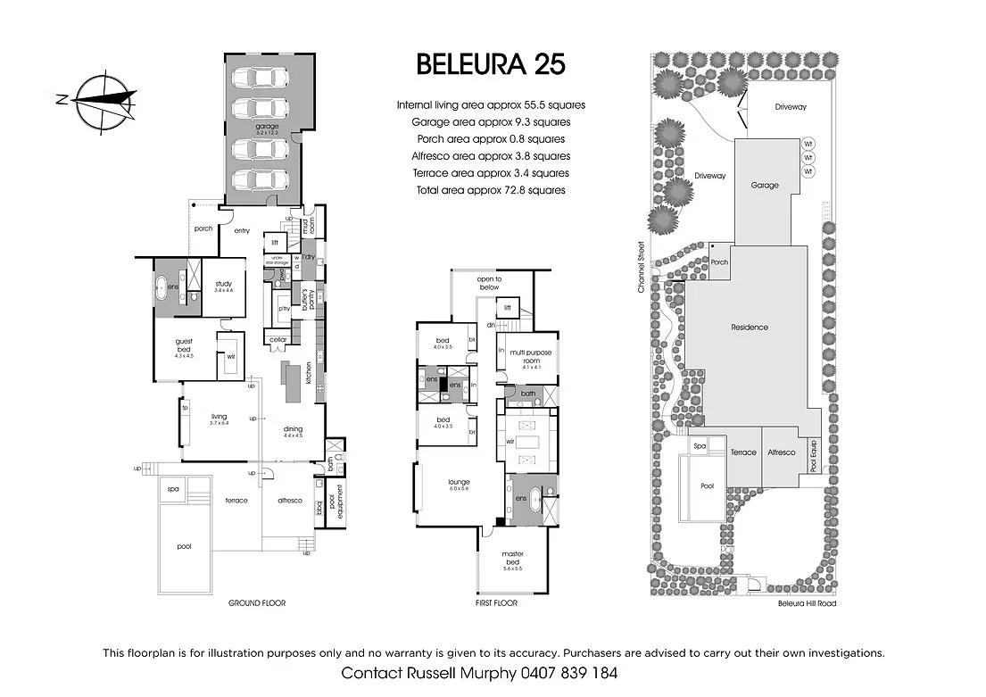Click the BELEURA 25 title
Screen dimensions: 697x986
point(491,64)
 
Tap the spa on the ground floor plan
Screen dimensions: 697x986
point(172,489)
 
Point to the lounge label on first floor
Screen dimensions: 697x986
point(459,485)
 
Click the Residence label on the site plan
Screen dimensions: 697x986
point(750,328)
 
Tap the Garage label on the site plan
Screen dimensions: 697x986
point(764,186)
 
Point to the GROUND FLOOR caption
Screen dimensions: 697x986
point(256,603)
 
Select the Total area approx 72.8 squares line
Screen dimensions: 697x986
point(491,190)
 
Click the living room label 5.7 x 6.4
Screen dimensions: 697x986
point(219,419)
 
